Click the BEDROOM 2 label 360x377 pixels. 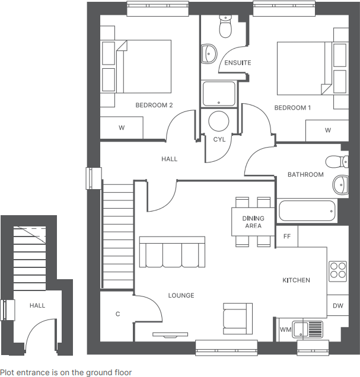tap(154, 106)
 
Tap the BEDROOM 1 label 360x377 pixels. tap(292, 108)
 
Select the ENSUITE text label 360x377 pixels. tap(237, 63)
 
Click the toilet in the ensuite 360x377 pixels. tap(225, 27)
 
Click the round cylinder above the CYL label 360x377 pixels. tap(219, 122)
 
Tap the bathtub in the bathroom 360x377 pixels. tap(307, 211)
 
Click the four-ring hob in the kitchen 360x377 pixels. tap(338, 270)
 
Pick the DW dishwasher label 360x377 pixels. tap(337, 306)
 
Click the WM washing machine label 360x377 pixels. tap(285, 329)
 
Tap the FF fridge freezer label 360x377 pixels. tap(287, 236)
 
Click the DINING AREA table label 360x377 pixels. tap(253, 222)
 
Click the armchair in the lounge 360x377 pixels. tap(237, 317)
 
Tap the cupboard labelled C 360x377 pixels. tap(117, 314)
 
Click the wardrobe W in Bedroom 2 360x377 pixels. tap(122, 127)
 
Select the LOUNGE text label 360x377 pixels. tap(181, 296)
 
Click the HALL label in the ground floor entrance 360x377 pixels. tap(37, 305)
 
